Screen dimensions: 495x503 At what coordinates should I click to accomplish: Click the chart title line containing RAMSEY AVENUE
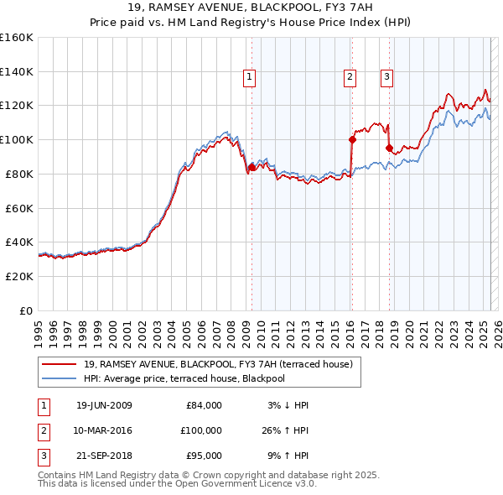click(251, 8)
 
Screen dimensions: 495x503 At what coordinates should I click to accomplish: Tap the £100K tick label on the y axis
click(16, 139)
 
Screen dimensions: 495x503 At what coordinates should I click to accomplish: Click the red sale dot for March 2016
click(352, 139)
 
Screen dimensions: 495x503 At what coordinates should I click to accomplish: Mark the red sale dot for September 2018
click(389, 148)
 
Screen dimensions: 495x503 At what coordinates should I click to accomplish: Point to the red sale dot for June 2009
click(252, 167)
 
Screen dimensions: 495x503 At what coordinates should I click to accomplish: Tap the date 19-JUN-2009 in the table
click(104, 405)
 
